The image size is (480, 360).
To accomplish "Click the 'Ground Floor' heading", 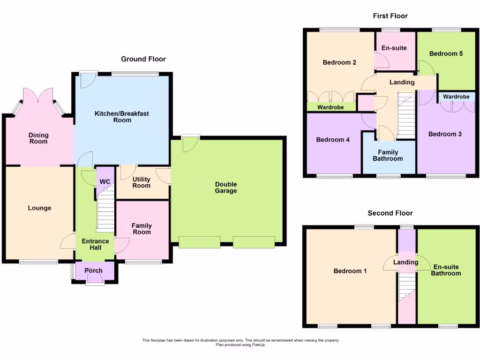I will tap(143, 59).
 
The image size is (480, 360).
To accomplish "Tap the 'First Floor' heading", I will tap(390, 16).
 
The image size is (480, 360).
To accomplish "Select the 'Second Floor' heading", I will tap(390, 213).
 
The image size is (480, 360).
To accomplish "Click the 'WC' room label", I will tap(105, 182).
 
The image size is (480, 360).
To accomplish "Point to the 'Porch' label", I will tap(93, 271).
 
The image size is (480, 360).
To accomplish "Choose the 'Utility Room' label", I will tap(141, 182).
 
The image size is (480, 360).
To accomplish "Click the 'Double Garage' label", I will tap(226, 187).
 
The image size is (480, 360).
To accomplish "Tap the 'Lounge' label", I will tap(39, 208).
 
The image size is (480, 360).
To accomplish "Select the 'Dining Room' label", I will tap(39, 138).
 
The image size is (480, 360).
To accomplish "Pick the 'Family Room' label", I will tap(142, 229).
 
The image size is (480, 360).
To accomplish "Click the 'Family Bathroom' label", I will tap(388, 155).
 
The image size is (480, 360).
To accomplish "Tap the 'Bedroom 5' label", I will tap(446, 54).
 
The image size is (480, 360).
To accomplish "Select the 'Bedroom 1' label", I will tap(350, 271).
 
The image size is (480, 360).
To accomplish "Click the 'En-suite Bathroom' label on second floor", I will tap(445, 270).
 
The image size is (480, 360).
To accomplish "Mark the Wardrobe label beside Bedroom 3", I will tap(456, 97).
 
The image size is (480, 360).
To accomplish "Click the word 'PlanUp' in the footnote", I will tap(257, 345).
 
